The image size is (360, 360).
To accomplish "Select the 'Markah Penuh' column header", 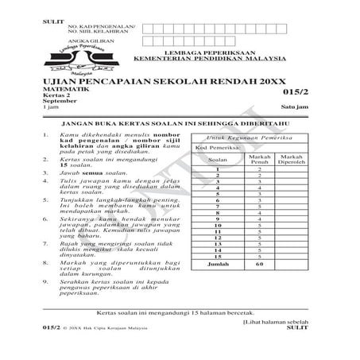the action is click(x=260, y=160).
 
